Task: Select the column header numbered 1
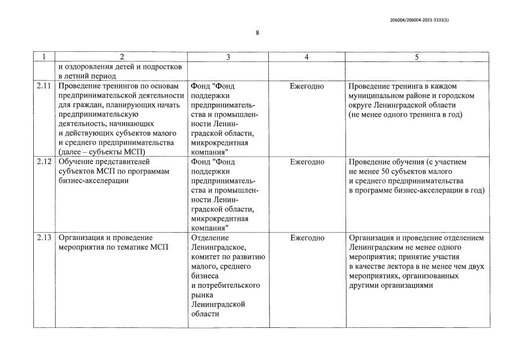pos(44,57)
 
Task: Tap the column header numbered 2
pos(121,57)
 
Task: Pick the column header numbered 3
pos(228,57)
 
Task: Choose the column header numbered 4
pos(307,57)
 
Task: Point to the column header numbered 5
pos(417,57)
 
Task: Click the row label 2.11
pos(44,86)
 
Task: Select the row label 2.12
pos(44,162)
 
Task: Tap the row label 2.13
pos(44,238)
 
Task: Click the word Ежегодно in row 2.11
pos(307,86)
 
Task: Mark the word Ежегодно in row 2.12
pos(307,162)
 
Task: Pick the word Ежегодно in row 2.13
pos(307,238)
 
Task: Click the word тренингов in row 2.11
pos(123,86)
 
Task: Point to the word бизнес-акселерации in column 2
pos(93,181)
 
